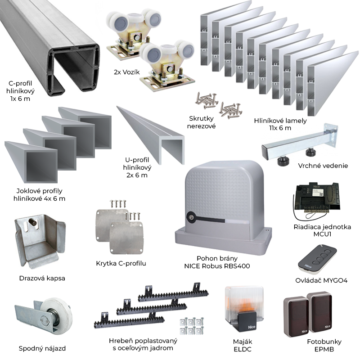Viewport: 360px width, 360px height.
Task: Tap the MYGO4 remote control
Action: click(315, 261)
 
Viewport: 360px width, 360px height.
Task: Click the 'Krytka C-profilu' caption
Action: click(121, 263)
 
